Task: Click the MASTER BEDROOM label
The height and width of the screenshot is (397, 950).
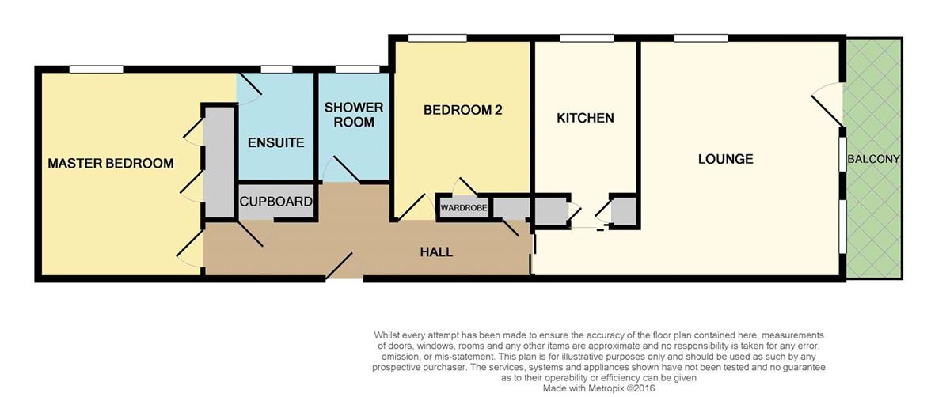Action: (x=111, y=163)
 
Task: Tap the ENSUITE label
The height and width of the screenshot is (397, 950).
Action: (x=276, y=143)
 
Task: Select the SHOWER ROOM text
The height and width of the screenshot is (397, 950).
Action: (x=354, y=115)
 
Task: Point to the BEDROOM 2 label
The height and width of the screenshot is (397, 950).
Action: (x=462, y=110)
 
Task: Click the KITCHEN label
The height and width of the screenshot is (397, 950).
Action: (x=585, y=118)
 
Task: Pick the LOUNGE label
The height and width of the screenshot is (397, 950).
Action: (x=726, y=159)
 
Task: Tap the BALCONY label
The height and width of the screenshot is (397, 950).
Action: (x=873, y=159)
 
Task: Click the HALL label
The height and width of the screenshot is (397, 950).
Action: (x=436, y=252)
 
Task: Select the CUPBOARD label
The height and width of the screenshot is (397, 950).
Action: (x=276, y=201)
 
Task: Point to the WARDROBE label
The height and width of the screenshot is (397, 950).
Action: (x=464, y=208)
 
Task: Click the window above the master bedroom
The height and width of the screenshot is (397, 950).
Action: (x=97, y=69)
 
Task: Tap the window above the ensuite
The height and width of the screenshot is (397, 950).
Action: (x=276, y=69)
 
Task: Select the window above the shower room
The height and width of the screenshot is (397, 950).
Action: (x=357, y=69)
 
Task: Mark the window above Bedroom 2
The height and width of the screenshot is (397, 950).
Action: (x=437, y=38)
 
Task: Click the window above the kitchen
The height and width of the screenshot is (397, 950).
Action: (x=587, y=38)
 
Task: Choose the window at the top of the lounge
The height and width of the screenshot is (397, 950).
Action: (x=701, y=38)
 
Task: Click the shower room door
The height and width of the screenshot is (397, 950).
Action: (x=342, y=169)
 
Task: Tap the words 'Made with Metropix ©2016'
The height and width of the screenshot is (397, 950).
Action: (x=598, y=388)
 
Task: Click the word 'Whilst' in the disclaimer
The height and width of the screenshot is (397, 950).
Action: (x=387, y=335)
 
